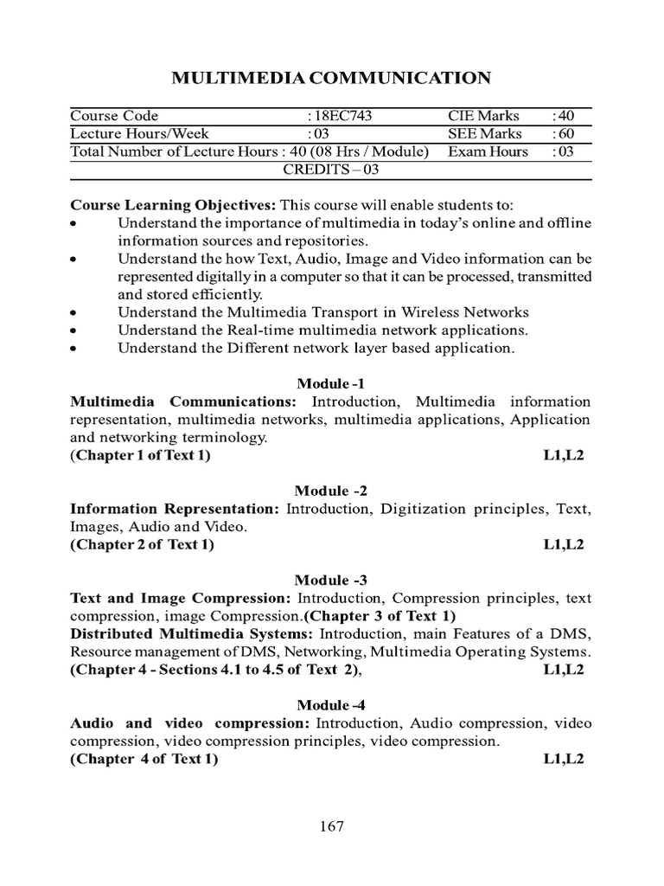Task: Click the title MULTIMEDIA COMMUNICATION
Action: tap(332, 79)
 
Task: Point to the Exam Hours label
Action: tap(488, 151)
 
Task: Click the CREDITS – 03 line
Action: tap(332, 170)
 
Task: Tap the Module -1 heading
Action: tap(332, 383)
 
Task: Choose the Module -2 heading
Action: tap(332, 491)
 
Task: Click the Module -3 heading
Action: tap(332, 580)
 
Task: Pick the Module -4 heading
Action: tap(332, 705)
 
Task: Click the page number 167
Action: tap(332, 826)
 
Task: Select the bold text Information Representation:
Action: tap(176, 509)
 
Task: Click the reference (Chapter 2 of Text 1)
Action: tap(142, 544)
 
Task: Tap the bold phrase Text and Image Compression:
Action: tap(181, 598)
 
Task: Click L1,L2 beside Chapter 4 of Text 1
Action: tap(564, 759)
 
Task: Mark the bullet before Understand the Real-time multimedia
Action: tap(75, 331)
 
